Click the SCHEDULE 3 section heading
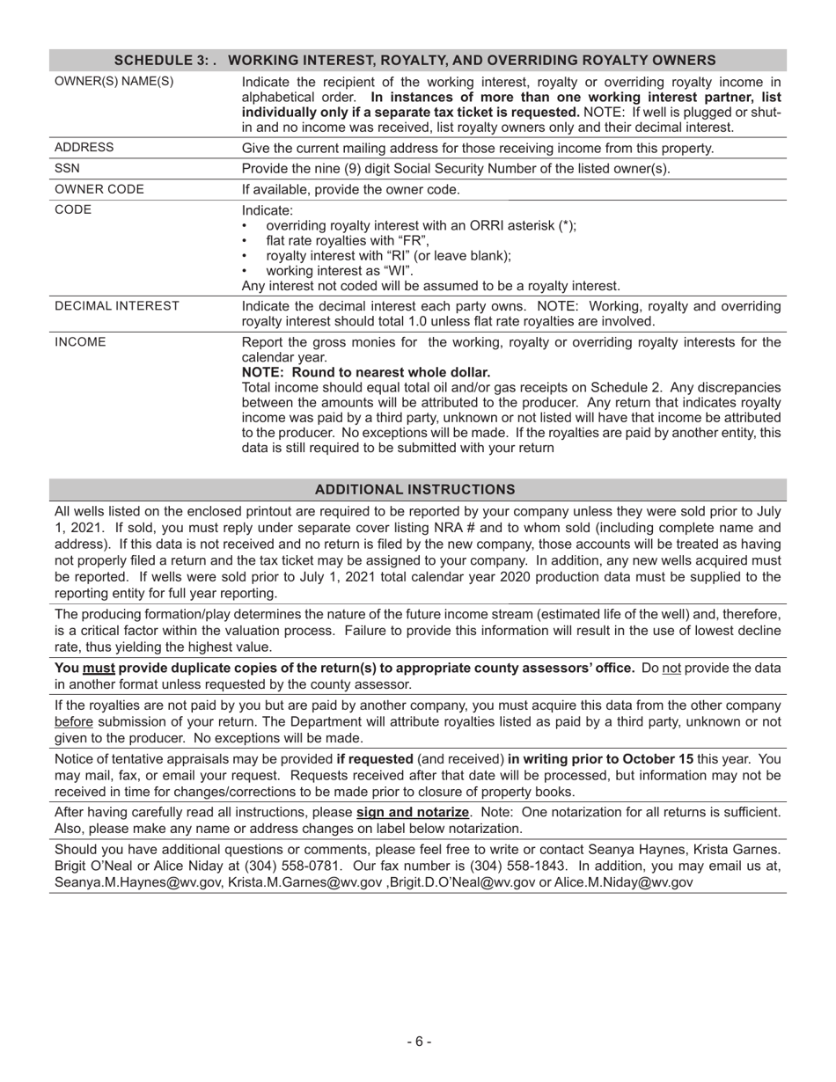pos(415,61)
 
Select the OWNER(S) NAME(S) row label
pos(114,82)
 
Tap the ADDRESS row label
pos(84,147)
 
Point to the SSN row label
pos(68,168)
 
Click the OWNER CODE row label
pos(99,189)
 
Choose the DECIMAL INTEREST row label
pos(117,305)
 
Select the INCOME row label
pos(80,342)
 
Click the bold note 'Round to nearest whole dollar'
pos(365,372)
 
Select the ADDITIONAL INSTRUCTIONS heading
pos(415,489)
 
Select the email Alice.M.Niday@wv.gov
pos(623,881)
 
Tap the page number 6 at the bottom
pos(418,1042)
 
